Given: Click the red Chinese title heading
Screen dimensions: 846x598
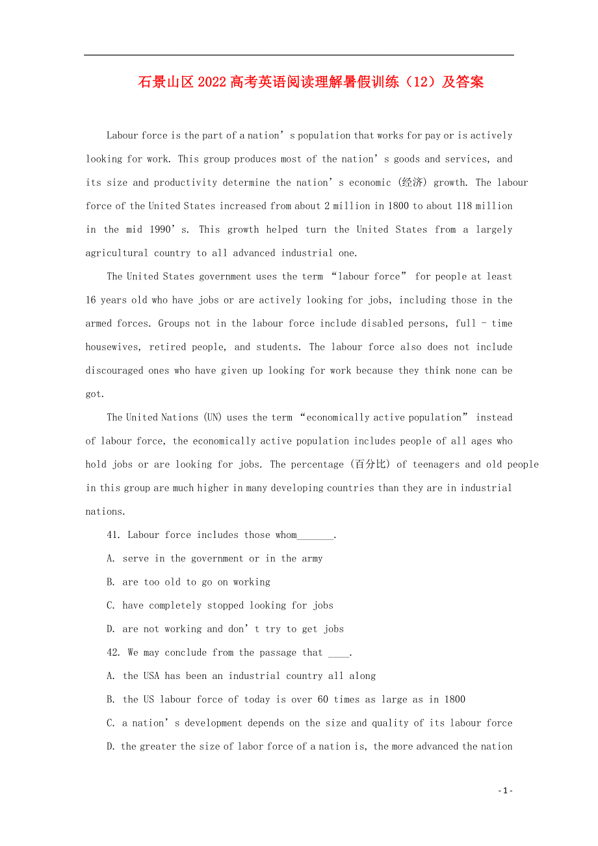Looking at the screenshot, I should tap(311, 83).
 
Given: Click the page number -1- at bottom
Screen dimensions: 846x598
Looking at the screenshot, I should tap(505, 791).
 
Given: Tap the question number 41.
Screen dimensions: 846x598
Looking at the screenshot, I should tap(114, 535).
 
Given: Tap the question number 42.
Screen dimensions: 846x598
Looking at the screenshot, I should tap(114, 653).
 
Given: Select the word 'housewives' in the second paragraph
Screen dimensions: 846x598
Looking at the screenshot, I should tap(112, 347).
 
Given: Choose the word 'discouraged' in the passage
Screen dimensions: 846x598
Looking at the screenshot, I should tap(114, 370).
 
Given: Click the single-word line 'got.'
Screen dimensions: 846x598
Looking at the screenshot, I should tap(95, 394).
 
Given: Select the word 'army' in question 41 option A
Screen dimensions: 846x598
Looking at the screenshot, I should tap(312, 559).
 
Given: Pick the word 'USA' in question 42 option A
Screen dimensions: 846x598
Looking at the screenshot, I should tap(150, 676).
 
